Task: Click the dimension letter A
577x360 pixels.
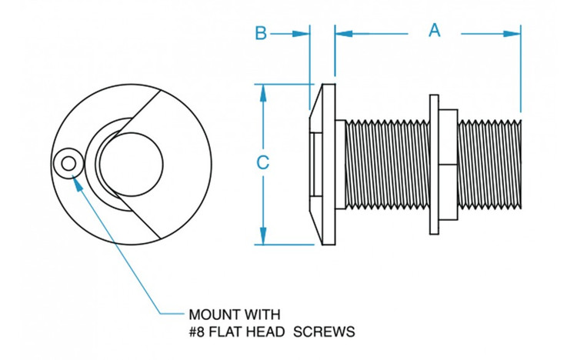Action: (x=435, y=31)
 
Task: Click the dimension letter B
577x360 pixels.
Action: (x=261, y=33)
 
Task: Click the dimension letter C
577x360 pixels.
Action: (x=262, y=163)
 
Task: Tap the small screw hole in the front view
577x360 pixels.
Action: (x=68, y=163)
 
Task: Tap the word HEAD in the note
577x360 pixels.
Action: (x=273, y=332)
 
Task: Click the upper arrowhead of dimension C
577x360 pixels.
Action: (x=263, y=91)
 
